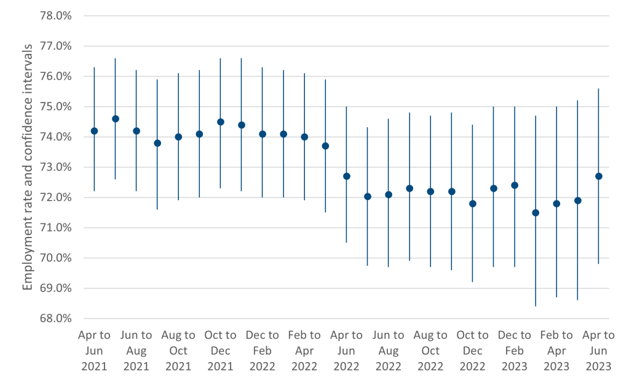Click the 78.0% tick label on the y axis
56,16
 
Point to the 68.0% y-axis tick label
56,319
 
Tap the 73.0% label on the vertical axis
56,167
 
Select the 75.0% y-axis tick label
56,107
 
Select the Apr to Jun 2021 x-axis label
94,350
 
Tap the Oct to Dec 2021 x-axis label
220,350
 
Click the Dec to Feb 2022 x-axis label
263,350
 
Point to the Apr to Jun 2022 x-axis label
346,350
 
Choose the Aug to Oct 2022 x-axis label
430,350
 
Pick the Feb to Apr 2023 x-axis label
556,350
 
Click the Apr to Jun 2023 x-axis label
598,350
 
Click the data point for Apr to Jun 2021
94,131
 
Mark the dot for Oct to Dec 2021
220,122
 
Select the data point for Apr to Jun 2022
346,176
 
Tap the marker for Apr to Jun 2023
598,176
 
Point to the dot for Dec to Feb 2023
515,185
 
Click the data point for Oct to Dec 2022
473,203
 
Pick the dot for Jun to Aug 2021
136,131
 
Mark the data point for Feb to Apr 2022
304,137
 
